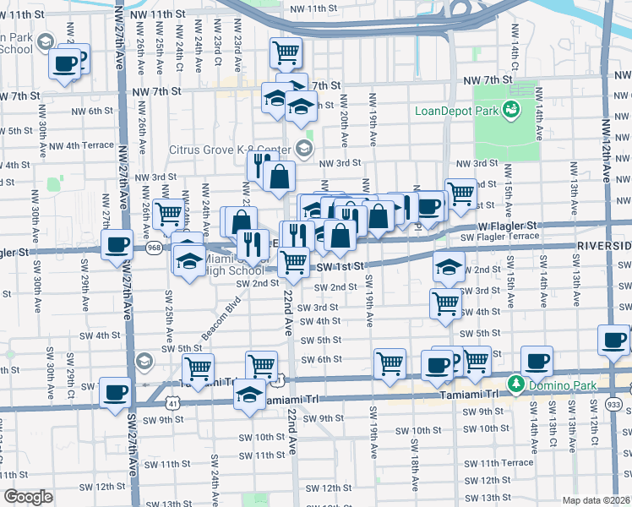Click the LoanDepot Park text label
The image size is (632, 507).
coord(455,111)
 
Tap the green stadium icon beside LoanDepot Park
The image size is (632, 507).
coord(509,110)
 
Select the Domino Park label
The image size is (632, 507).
coord(556,384)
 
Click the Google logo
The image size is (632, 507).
coord(28,497)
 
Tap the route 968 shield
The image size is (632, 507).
coord(154,248)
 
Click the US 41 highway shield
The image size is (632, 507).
coord(173,404)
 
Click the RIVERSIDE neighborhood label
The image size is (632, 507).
coord(604,245)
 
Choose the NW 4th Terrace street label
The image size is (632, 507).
coord(83,145)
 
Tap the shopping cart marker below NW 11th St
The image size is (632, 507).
coord(286,52)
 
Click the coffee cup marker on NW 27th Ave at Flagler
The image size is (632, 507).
coord(117,246)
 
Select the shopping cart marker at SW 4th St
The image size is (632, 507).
coord(445,303)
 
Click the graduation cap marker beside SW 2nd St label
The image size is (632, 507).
coord(449,268)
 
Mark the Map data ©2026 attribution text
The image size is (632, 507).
coord(595,500)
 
